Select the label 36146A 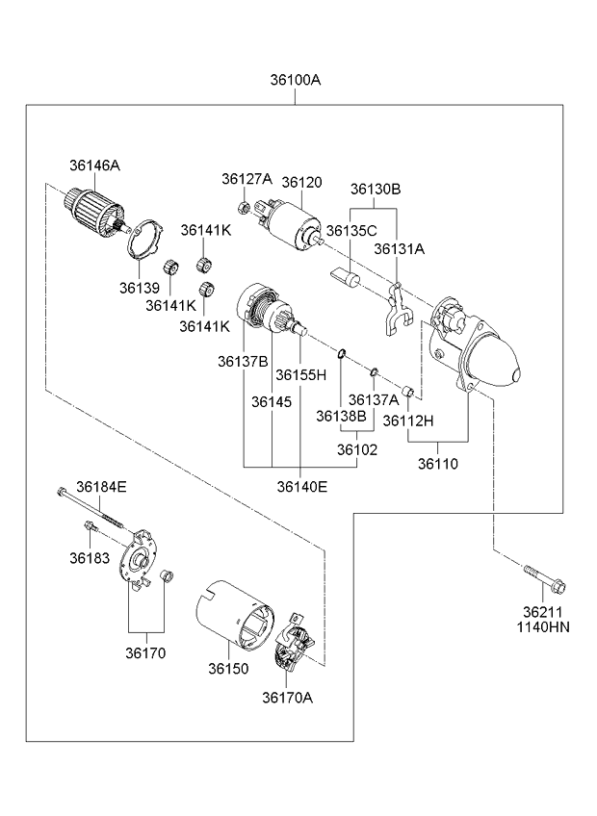pyautogui.click(x=94, y=166)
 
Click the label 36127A pyautogui.click(x=247, y=179)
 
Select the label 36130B pyautogui.click(x=375, y=189)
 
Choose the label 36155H pyautogui.click(x=301, y=373)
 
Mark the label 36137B pyautogui.click(x=242, y=361)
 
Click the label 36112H pyautogui.click(x=408, y=420)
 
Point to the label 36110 pyautogui.click(x=438, y=463)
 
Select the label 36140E pyautogui.click(x=301, y=487)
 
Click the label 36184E pyautogui.click(x=102, y=487)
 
